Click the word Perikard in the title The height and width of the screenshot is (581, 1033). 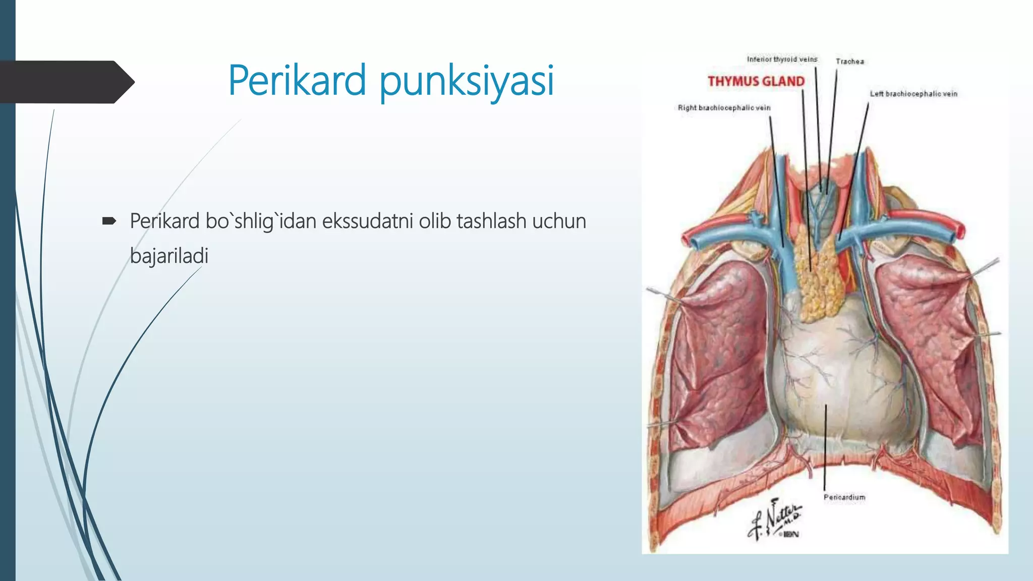click(x=297, y=80)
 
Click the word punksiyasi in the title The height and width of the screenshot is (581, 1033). click(x=467, y=81)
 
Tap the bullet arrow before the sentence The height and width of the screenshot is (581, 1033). click(x=109, y=221)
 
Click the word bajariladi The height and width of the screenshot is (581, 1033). click(x=169, y=256)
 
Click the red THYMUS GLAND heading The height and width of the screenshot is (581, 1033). click(x=756, y=81)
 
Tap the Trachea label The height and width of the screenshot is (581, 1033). click(x=849, y=62)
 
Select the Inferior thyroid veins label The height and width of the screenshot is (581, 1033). click(x=782, y=60)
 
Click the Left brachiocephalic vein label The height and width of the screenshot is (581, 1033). click(x=913, y=94)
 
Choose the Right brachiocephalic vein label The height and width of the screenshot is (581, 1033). click(x=724, y=108)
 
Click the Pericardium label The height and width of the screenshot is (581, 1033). click(x=844, y=497)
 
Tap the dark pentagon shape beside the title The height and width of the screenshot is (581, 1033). click(x=66, y=82)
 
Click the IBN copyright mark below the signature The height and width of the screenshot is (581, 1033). click(x=790, y=534)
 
